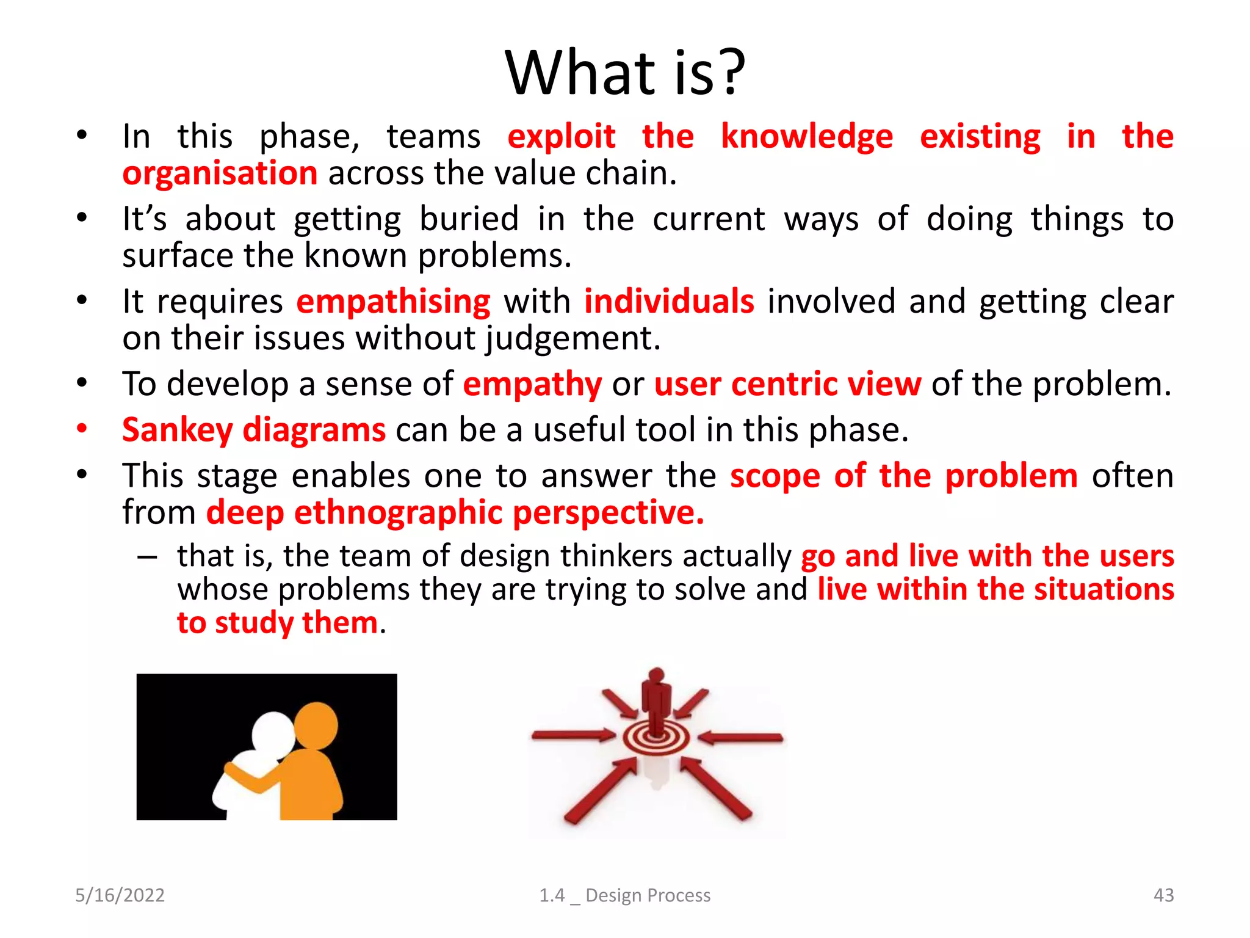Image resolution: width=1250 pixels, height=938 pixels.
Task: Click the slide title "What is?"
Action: (625, 73)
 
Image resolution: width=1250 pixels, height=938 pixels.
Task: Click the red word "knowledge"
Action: (806, 136)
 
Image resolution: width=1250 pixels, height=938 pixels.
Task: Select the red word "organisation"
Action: (220, 173)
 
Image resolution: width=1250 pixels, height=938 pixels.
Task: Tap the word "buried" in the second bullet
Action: (469, 219)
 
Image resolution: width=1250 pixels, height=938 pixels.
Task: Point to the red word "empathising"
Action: (393, 302)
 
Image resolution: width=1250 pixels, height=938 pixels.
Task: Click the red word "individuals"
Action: (669, 302)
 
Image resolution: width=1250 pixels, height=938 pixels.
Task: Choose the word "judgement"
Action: (572, 338)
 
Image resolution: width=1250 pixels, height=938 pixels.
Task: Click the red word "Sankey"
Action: (177, 430)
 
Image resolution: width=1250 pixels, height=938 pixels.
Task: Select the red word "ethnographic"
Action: (399, 512)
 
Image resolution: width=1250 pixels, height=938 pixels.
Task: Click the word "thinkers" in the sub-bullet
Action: (616, 556)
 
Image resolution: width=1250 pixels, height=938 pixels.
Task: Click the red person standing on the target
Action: (656, 699)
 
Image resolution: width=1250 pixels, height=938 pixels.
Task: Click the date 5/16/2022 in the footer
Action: (120, 895)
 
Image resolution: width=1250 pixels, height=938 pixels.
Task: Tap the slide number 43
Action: (1163, 895)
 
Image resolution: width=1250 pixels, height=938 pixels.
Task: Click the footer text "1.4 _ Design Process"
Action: (624, 895)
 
